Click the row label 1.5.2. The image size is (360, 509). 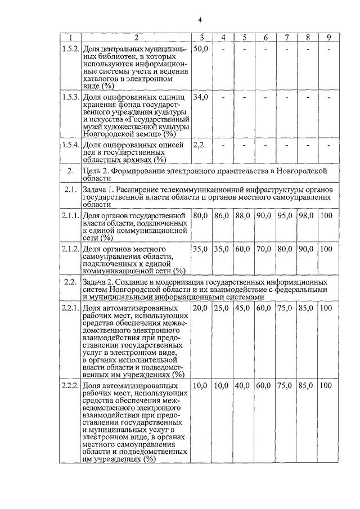coord(70,49)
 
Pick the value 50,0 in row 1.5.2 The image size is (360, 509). coord(200,49)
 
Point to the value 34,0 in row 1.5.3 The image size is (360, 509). coord(200,97)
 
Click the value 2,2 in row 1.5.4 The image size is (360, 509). coord(198,145)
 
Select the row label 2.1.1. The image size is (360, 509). coord(70,215)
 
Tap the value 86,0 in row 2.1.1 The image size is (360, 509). coord(222,215)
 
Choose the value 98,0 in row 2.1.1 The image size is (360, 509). coord(307,215)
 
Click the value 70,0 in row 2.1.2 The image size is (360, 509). coord(264,249)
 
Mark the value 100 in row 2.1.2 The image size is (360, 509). coord(326,249)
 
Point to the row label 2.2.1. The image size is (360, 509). coord(70,308)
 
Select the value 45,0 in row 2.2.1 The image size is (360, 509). coord(243,308)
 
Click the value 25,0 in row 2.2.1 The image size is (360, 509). coord(222,308)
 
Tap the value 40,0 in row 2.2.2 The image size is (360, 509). coord(243,386)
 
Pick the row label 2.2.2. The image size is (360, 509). coord(70,386)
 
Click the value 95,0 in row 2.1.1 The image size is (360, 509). coord(286,215)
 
